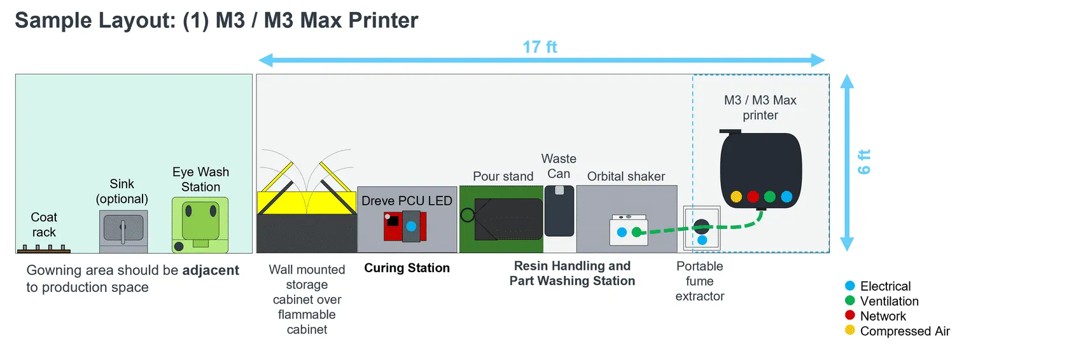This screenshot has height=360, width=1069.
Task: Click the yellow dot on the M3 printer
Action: (736, 197)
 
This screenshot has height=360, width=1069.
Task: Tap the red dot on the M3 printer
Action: (753, 197)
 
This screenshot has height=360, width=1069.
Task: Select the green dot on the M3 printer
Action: (770, 197)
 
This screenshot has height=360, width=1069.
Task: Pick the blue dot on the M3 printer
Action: (786, 197)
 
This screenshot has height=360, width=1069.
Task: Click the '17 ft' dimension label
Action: (540, 46)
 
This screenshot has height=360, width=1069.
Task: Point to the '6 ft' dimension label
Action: (864, 162)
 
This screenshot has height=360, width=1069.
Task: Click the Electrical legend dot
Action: (850, 286)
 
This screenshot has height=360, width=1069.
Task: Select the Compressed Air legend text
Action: (905, 331)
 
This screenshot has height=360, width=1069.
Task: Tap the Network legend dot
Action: (850, 315)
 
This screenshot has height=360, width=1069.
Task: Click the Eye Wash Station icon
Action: (200, 225)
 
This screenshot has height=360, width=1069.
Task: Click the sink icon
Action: (123, 232)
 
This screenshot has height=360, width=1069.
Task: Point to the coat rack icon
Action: (44, 249)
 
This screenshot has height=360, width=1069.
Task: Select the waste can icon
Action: (559, 211)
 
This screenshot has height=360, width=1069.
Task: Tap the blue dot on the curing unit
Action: (411, 226)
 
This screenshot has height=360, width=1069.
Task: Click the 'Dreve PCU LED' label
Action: (407, 201)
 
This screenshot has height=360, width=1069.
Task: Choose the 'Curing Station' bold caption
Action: (407, 268)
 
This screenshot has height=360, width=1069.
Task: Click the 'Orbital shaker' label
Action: (626, 176)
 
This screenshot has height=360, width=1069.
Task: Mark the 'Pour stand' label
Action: (503, 176)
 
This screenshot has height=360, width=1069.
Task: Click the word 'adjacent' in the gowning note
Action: (211, 270)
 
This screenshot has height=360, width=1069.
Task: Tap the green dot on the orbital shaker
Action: (636, 232)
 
